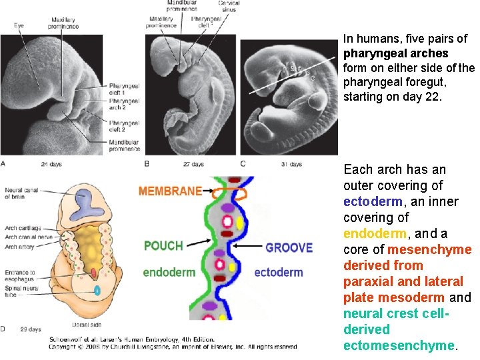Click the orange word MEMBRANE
pos(170,191)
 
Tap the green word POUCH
pos(163,245)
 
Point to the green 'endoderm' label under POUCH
pos(168,272)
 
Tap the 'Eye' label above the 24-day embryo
pos(19,25)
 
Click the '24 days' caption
pos(52,164)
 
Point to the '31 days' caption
pos(291,164)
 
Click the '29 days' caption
pos(29,329)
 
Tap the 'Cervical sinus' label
pos(229,7)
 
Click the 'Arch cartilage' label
pos(23,228)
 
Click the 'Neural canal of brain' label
pos(22,193)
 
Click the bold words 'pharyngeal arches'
pos(395,53)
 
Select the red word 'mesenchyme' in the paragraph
pos(429,249)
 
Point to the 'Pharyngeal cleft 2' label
pos(125,127)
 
